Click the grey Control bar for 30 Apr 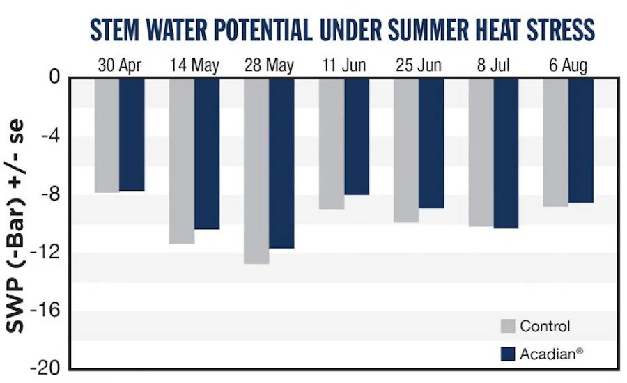click(107, 135)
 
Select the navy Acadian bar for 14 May click(207, 153)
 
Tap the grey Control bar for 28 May click(256, 171)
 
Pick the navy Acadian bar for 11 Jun click(356, 136)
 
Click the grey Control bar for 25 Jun click(406, 150)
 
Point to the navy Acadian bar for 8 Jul click(506, 153)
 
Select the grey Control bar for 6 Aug click(556, 142)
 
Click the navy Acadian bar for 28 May click(281, 163)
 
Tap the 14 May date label click(194, 66)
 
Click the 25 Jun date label click(419, 66)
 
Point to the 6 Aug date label click(568, 66)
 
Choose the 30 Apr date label click(119, 66)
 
